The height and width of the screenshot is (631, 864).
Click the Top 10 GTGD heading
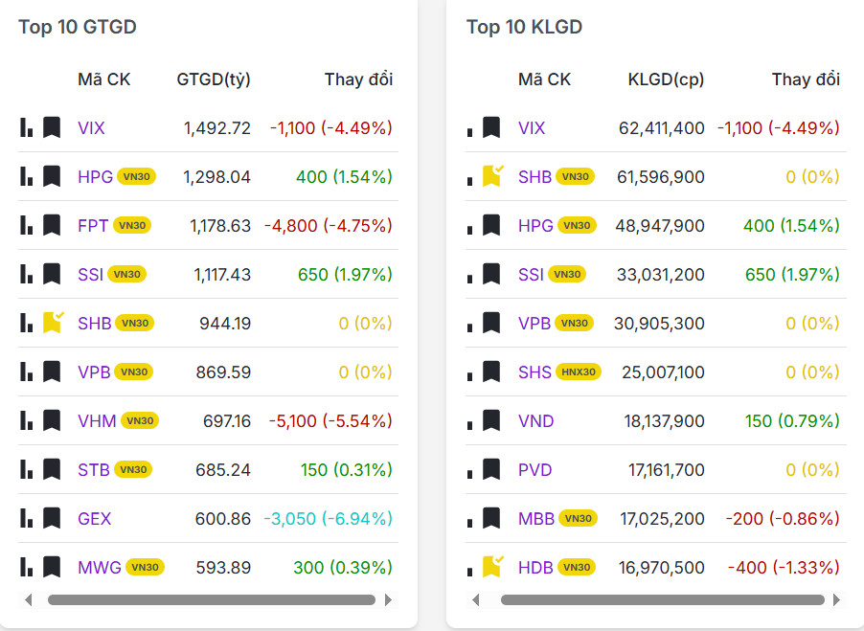tap(78, 27)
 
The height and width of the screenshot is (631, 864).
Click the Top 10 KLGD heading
tap(524, 27)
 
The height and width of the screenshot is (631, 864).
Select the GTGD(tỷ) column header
tap(214, 79)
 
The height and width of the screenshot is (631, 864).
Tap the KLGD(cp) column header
tap(666, 79)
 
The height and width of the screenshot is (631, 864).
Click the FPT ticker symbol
tap(93, 226)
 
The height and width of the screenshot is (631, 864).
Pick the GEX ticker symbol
tap(95, 519)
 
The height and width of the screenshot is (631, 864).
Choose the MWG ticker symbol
tap(100, 568)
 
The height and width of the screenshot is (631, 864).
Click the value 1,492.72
tap(217, 128)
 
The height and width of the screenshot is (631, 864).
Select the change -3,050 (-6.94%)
tap(328, 519)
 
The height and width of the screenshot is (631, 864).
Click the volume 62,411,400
tap(659, 128)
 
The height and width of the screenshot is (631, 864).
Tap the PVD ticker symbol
tap(535, 470)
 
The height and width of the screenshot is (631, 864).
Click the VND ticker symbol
tap(536, 421)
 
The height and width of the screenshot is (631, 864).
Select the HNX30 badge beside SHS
tap(579, 372)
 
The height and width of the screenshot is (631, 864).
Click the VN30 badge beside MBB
tap(578, 519)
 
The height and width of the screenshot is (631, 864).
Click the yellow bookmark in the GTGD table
tap(52, 323)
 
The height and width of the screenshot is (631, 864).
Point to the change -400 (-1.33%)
tap(784, 568)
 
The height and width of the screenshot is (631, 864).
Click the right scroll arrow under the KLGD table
tap(836, 600)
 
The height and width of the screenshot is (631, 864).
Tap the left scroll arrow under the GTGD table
tap(29, 600)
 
